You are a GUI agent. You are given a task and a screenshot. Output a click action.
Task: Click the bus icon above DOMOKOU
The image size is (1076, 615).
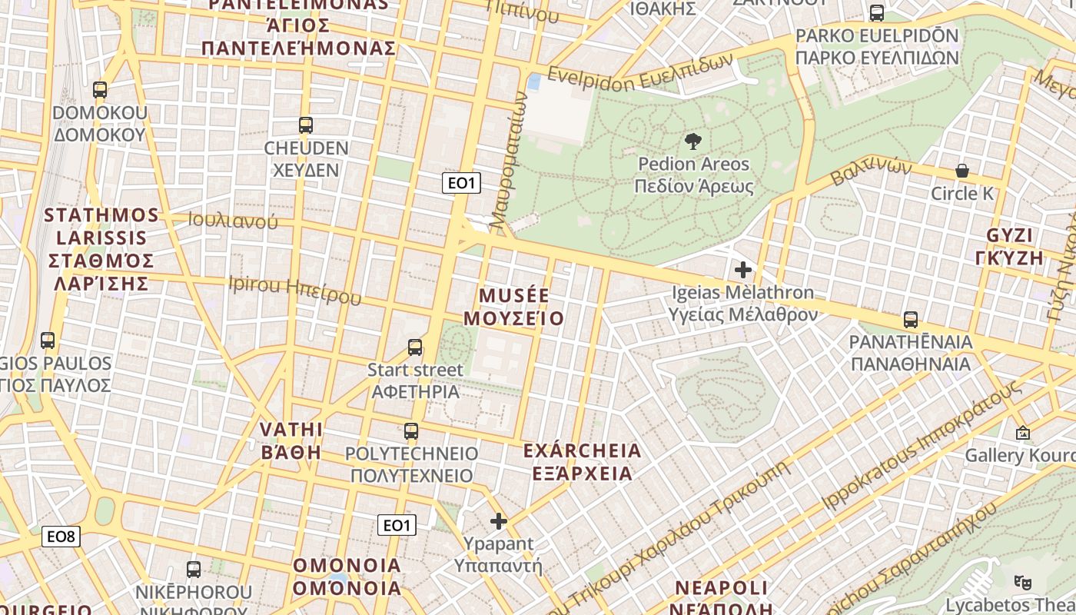[100, 90]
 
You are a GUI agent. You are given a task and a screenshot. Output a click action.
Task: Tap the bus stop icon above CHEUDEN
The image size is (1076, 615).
[306, 125]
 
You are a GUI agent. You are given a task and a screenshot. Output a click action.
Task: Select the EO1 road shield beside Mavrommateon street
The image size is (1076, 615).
[462, 183]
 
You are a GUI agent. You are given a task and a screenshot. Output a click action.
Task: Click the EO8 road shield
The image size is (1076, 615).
[61, 536]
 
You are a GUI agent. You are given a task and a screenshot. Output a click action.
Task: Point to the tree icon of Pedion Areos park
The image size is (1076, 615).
[692, 141]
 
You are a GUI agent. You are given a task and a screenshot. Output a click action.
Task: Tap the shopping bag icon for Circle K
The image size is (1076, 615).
[961, 171]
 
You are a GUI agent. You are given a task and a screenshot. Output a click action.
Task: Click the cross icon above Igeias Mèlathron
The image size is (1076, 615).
[742, 270]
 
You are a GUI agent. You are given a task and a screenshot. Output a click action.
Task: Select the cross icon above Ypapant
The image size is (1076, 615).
[499, 521]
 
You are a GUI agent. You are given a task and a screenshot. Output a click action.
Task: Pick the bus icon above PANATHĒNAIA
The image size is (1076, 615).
[911, 319]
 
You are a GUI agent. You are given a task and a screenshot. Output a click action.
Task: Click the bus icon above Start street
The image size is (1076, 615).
[415, 347]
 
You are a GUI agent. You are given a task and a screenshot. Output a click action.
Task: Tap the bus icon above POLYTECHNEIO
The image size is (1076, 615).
[411, 431]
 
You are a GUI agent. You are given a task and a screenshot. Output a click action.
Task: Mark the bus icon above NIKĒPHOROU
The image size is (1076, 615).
[194, 570]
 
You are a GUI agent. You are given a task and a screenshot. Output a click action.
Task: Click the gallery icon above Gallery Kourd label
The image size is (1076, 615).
[1022, 434]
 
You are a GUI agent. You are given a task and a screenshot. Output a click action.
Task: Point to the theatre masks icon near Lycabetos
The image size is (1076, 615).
[1021, 582]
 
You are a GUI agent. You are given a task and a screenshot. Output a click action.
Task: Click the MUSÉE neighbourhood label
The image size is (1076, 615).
[514, 295]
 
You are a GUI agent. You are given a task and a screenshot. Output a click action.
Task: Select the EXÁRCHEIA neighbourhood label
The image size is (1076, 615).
[582, 450]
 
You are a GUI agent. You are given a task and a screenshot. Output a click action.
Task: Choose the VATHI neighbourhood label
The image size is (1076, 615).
[291, 429]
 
